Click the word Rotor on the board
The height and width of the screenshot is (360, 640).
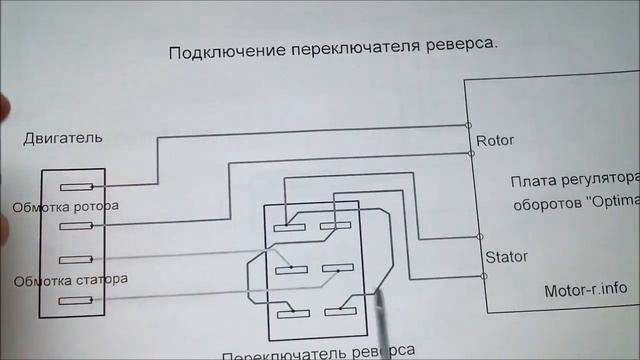click(495, 140)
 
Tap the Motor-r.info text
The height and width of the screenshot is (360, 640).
click(585, 288)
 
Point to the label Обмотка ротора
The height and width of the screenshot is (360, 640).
click(65, 207)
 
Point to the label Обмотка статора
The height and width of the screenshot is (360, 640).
click(70, 280)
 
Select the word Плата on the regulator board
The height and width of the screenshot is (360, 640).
click(531, 181)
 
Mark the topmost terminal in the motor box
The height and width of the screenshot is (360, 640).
click(76, 188)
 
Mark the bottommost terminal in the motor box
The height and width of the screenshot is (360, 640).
click(76, 301)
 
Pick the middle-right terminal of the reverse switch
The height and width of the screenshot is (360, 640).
click(335, 269)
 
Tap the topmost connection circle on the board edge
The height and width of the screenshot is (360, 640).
click(469, 126)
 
